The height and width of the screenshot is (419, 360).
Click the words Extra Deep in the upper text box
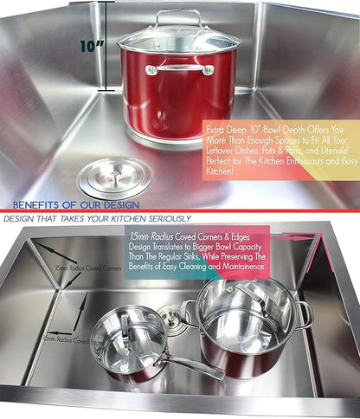click(231, 129)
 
